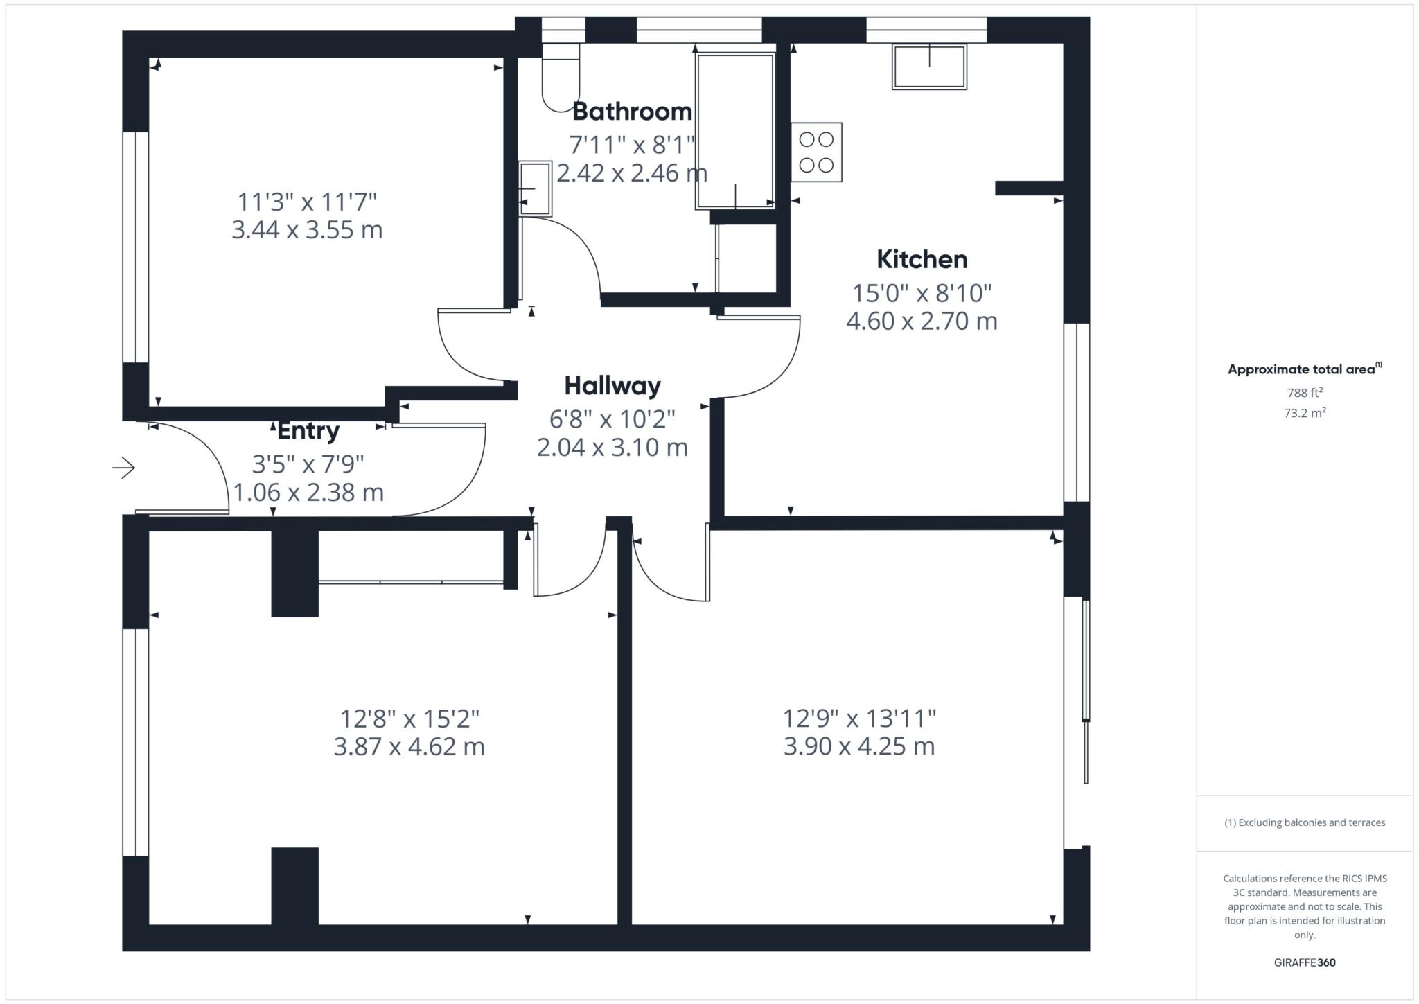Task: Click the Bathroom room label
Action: pyautogui.click(x=631, y=112)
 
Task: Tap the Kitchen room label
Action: pyautogui.click(x=922, y=260)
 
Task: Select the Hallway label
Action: pyautogui.click(x=612, y=386)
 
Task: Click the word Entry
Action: pyautogui.click(x=308, y=431)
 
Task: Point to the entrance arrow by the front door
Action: pyautogui.click(x=123, y=468)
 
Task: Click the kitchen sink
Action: pyautogui.click(x=928, y=67)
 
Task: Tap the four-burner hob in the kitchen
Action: pyautogui.click(x=816, y=152)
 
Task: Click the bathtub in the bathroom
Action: pyautogui.click(x=735, y=132)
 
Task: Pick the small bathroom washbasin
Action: pyautogui.click(x=535, y=188)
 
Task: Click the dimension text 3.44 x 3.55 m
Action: pyautogui.click(x=307, y=230)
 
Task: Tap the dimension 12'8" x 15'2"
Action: pyautogui.click(x=409, y=719)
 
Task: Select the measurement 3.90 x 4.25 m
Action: pyautogui.click(x=859, y=747)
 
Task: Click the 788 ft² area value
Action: pyautogui.click(x=1305, y=393)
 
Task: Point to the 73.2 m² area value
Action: pyautogui.click(x=1305, y=414)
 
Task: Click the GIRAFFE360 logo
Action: pyautogui.click(x=1305, y=962)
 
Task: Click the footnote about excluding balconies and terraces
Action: pyautogui.click(x=1305, y=822)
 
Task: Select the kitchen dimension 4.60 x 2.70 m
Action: pyautogui.click(x=922, y=322)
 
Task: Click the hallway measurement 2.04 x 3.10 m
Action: pyautogui.click(x=612, y=448)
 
